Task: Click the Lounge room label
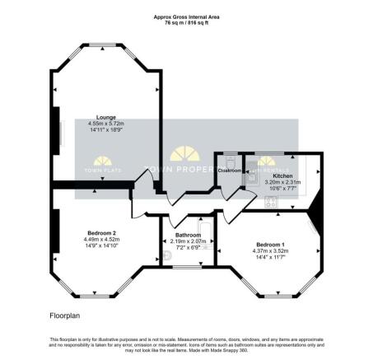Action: click(x=105, y=117)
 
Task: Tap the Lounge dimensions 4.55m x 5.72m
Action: click(x=105, y=124)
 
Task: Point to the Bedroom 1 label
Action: click(x=271, y=245)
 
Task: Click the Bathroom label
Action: click(x=188, y=235)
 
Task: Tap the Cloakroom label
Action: click(x=229, y=171)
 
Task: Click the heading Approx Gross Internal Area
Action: click(x=186, y=16)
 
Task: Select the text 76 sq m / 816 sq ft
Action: click(x=186, y=23)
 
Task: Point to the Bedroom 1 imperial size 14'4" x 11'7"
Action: click(x=271, y=258)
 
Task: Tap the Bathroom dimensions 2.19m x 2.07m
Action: click(x=188, y=241)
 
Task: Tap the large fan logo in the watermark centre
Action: click(x=187, y=155)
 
